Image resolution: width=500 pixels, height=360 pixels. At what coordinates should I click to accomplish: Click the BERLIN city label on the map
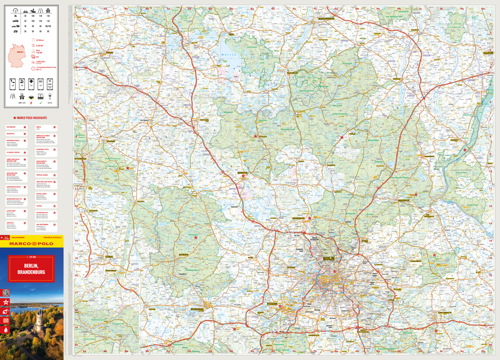tap(328, 258)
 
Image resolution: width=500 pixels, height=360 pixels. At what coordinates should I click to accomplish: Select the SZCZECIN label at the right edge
tap(487, 52)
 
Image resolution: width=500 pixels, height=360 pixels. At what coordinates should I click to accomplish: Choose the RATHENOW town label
tap(183, 254)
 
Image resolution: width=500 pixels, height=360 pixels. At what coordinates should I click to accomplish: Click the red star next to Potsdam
tap(280, 306)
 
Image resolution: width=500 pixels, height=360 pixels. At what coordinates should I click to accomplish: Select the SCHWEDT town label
tap(454, 140)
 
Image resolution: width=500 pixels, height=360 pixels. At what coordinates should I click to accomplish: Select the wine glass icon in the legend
tap(50, 95)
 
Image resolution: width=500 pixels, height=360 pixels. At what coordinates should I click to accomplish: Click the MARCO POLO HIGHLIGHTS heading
tap(28, 117)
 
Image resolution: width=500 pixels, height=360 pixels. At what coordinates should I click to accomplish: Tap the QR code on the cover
tap(6, 293)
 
